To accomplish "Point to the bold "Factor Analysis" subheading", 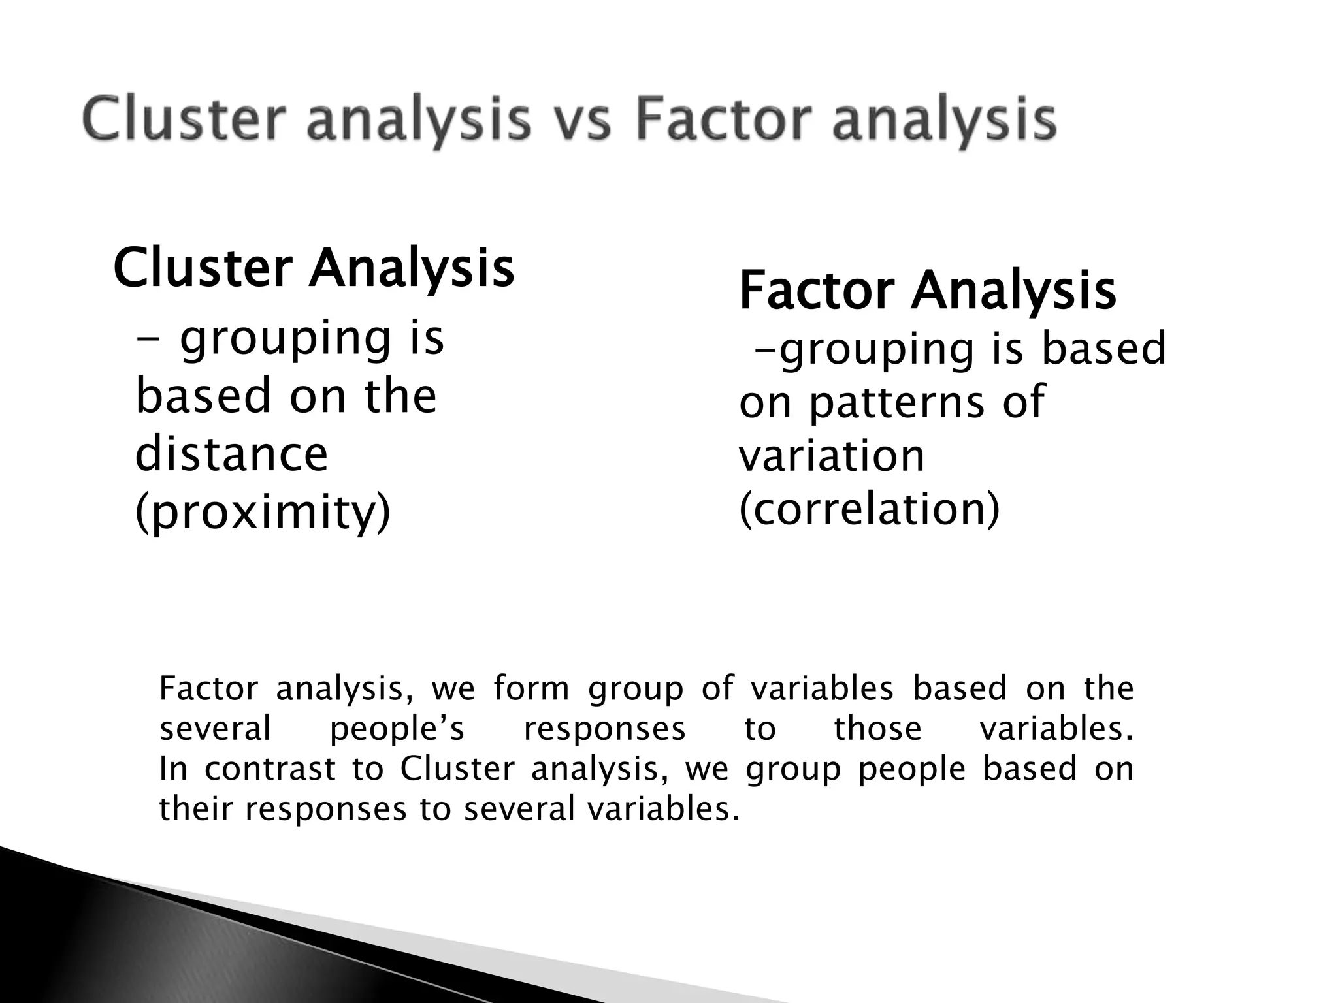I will [x=928, y=290].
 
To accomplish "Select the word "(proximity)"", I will [x=263, y=512].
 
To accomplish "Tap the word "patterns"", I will [x=896, y=402].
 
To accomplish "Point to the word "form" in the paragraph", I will [x=531, y=689].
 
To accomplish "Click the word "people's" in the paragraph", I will [x=397, y=729].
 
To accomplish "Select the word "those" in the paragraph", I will [x=877, y=729].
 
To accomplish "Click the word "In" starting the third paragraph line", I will [x=173, y=769].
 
